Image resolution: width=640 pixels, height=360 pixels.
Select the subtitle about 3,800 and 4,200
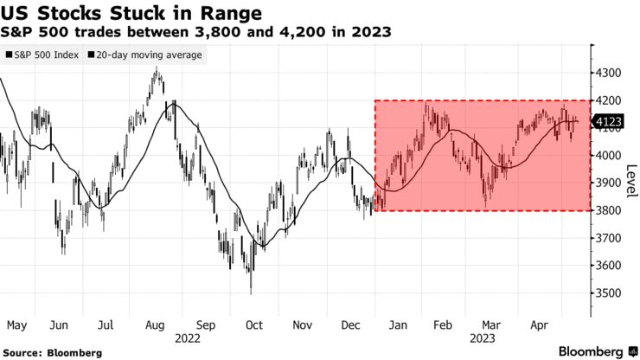coord(195,33)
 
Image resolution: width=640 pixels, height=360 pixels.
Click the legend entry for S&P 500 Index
coord(42,55)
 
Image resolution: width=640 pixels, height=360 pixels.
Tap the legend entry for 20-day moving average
coord(144,55)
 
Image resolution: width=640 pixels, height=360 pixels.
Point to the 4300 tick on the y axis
coord(611,74)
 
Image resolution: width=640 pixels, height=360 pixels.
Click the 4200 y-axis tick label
coord(611,101)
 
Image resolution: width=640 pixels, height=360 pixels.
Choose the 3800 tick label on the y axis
coord(611,210)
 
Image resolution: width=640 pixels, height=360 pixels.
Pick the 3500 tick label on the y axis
coord(611,292)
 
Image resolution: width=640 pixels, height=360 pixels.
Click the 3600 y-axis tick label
coord(611,265)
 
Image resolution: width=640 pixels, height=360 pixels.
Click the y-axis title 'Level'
coord(631,177)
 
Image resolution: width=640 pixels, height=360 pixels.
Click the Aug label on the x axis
coord(156,325)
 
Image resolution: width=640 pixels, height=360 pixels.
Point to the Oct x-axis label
coord(254,325)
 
